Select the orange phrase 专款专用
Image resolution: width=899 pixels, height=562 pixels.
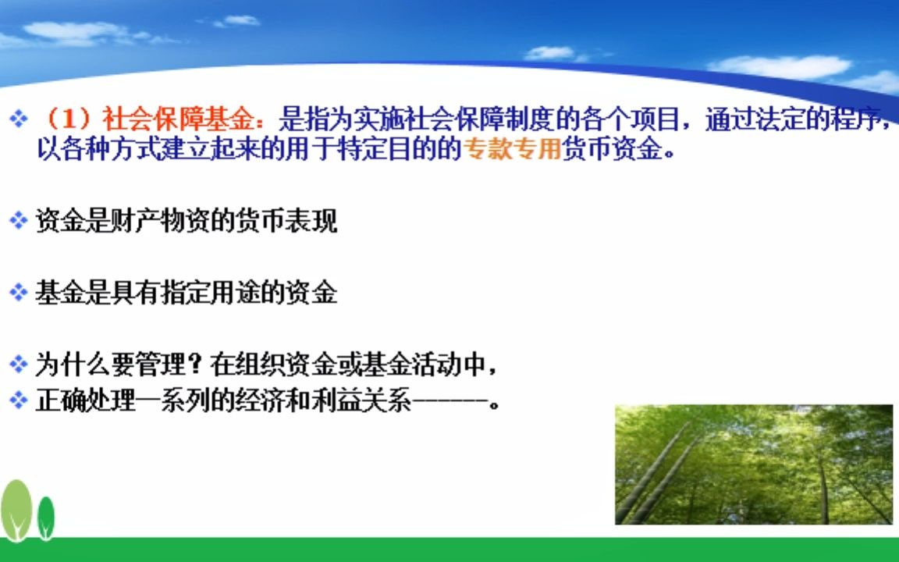click(513, 149)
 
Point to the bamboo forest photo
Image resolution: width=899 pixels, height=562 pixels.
click(753, 464)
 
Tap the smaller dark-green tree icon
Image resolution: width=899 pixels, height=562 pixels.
click(47, 516)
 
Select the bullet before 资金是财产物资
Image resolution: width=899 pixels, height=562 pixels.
click(19, 221)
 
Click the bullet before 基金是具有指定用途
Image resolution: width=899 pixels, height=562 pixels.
click(19, 293)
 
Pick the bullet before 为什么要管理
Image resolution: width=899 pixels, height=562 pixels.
click(19, 364)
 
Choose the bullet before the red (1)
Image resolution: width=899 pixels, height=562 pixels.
click(19, 119)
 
